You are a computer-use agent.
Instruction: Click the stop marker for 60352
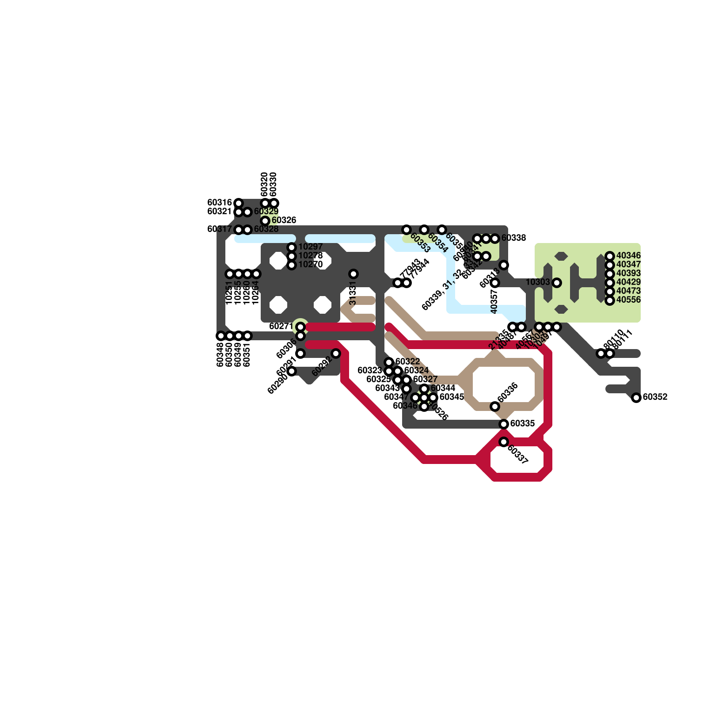636,398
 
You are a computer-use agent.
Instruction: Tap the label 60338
513,238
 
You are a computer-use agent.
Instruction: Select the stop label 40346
628,256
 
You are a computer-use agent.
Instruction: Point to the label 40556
628,300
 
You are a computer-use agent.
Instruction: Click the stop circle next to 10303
557,283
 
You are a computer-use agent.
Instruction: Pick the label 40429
628,282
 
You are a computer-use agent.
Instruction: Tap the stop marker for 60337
504,442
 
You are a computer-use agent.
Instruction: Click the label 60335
522,424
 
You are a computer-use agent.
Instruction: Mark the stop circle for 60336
495,407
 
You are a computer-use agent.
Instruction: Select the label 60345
452,397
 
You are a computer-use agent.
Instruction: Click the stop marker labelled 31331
353,274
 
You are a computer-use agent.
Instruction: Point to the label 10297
310,247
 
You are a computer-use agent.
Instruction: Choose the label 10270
310,265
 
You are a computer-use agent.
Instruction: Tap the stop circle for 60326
265,221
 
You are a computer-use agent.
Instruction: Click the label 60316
220,203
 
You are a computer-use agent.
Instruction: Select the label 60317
220,229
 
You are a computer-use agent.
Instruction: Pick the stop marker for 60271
300,327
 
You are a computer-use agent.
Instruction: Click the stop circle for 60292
336,353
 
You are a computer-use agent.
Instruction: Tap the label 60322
407,362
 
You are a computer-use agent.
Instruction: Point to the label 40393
628,274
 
